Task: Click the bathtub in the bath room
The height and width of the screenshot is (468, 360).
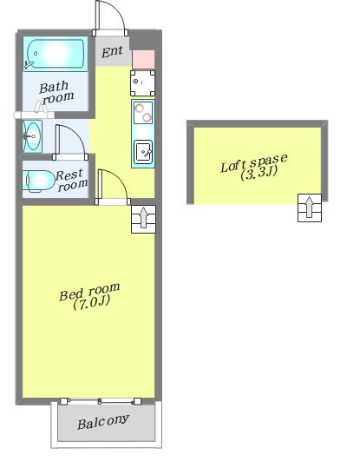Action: point(56,54)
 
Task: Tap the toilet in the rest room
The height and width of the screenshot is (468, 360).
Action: point(39,181)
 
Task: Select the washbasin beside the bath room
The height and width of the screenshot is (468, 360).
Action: point(32,136)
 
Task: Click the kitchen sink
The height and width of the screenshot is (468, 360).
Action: point(143,152)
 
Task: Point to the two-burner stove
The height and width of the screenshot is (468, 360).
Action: point(143,112)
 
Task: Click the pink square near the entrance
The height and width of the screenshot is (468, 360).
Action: point(143,59)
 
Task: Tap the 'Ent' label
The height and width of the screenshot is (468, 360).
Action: point(112,51)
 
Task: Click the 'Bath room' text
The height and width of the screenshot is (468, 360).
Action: point(56,93)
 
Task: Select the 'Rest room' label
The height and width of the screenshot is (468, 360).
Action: point(72,180)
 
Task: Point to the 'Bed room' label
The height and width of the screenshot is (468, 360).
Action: point(89,292)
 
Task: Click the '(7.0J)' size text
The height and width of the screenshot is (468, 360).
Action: point(91,302)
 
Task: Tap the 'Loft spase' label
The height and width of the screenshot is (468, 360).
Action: point(254,162)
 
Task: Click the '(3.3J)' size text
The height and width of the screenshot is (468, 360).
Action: point(259,173)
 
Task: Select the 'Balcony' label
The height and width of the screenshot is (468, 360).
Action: point(103,422)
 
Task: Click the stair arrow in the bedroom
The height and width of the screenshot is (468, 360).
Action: point(144,218)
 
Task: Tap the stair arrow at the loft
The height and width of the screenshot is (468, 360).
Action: point(310,207)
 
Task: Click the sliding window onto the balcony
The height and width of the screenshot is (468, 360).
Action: point(101,401)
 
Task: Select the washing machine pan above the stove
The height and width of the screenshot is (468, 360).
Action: point(142,83)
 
